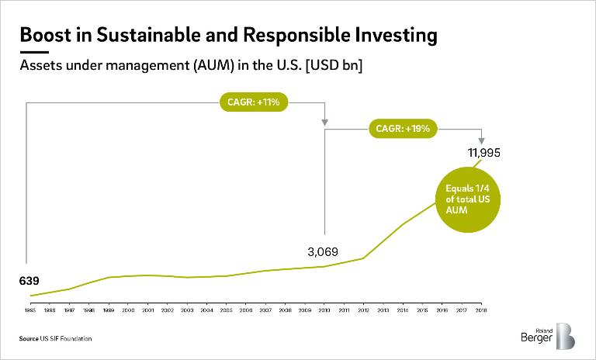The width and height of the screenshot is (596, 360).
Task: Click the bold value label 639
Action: pos(29,280)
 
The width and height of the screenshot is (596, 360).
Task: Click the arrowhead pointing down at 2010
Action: pos(324,122)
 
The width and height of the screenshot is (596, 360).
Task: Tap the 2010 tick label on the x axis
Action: pos(325,310)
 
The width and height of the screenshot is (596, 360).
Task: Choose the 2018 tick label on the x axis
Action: pos(482,310)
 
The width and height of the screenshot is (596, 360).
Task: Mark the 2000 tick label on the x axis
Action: pos(129,310)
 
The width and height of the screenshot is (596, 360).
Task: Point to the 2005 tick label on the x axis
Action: pos(227,310)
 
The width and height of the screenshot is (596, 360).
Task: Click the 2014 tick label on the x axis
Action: pos(404,310)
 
